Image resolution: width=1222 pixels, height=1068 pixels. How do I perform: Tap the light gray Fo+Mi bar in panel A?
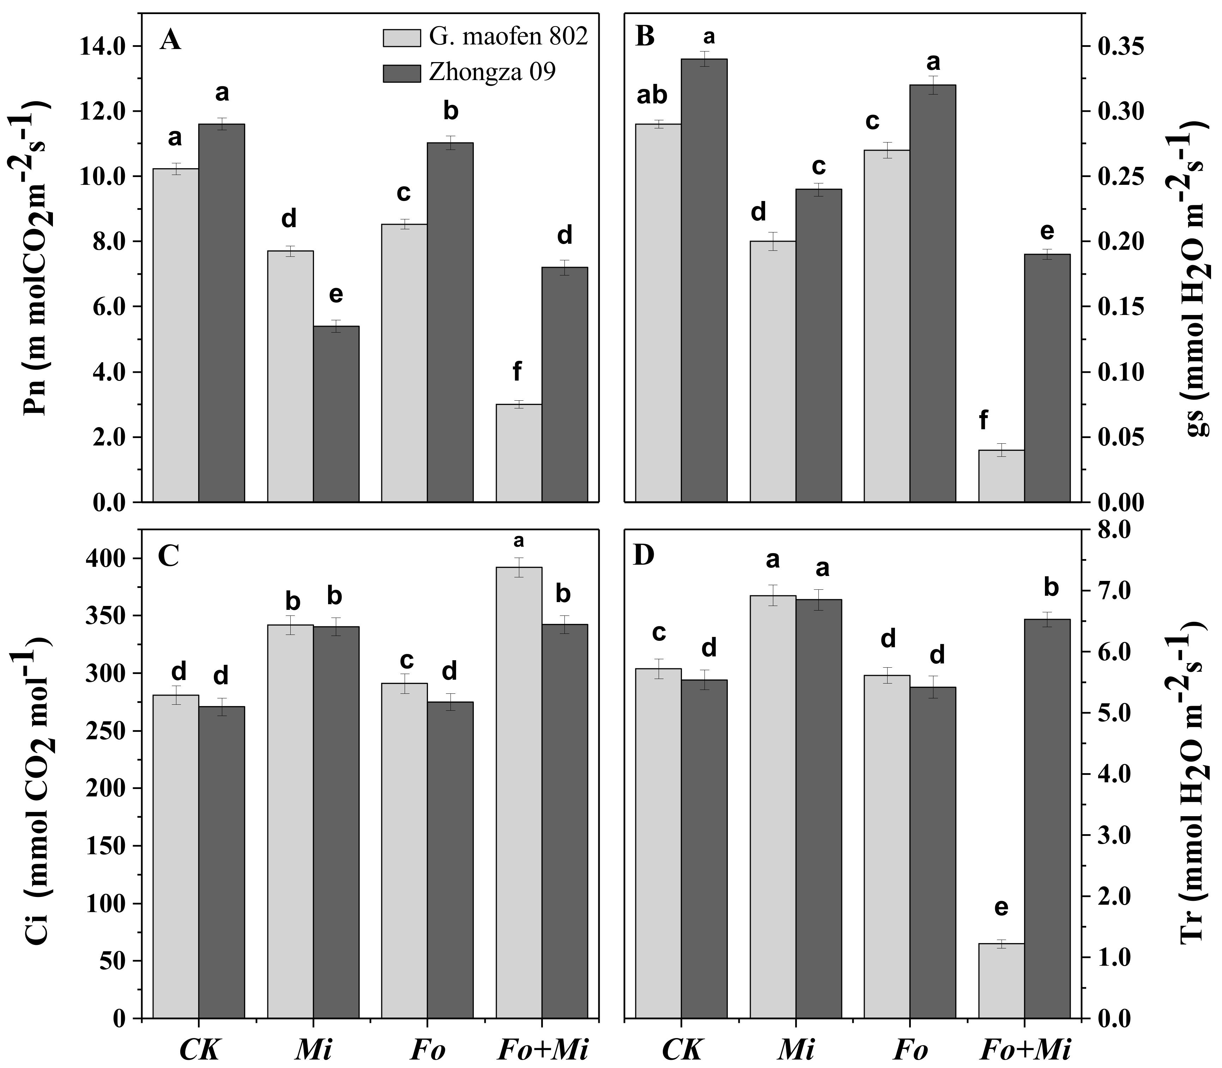tap(519, 453)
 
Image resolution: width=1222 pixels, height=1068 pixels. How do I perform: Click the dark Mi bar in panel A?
tap(336, 414)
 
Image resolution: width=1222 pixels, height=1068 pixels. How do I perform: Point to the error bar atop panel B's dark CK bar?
tap(704, 59)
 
